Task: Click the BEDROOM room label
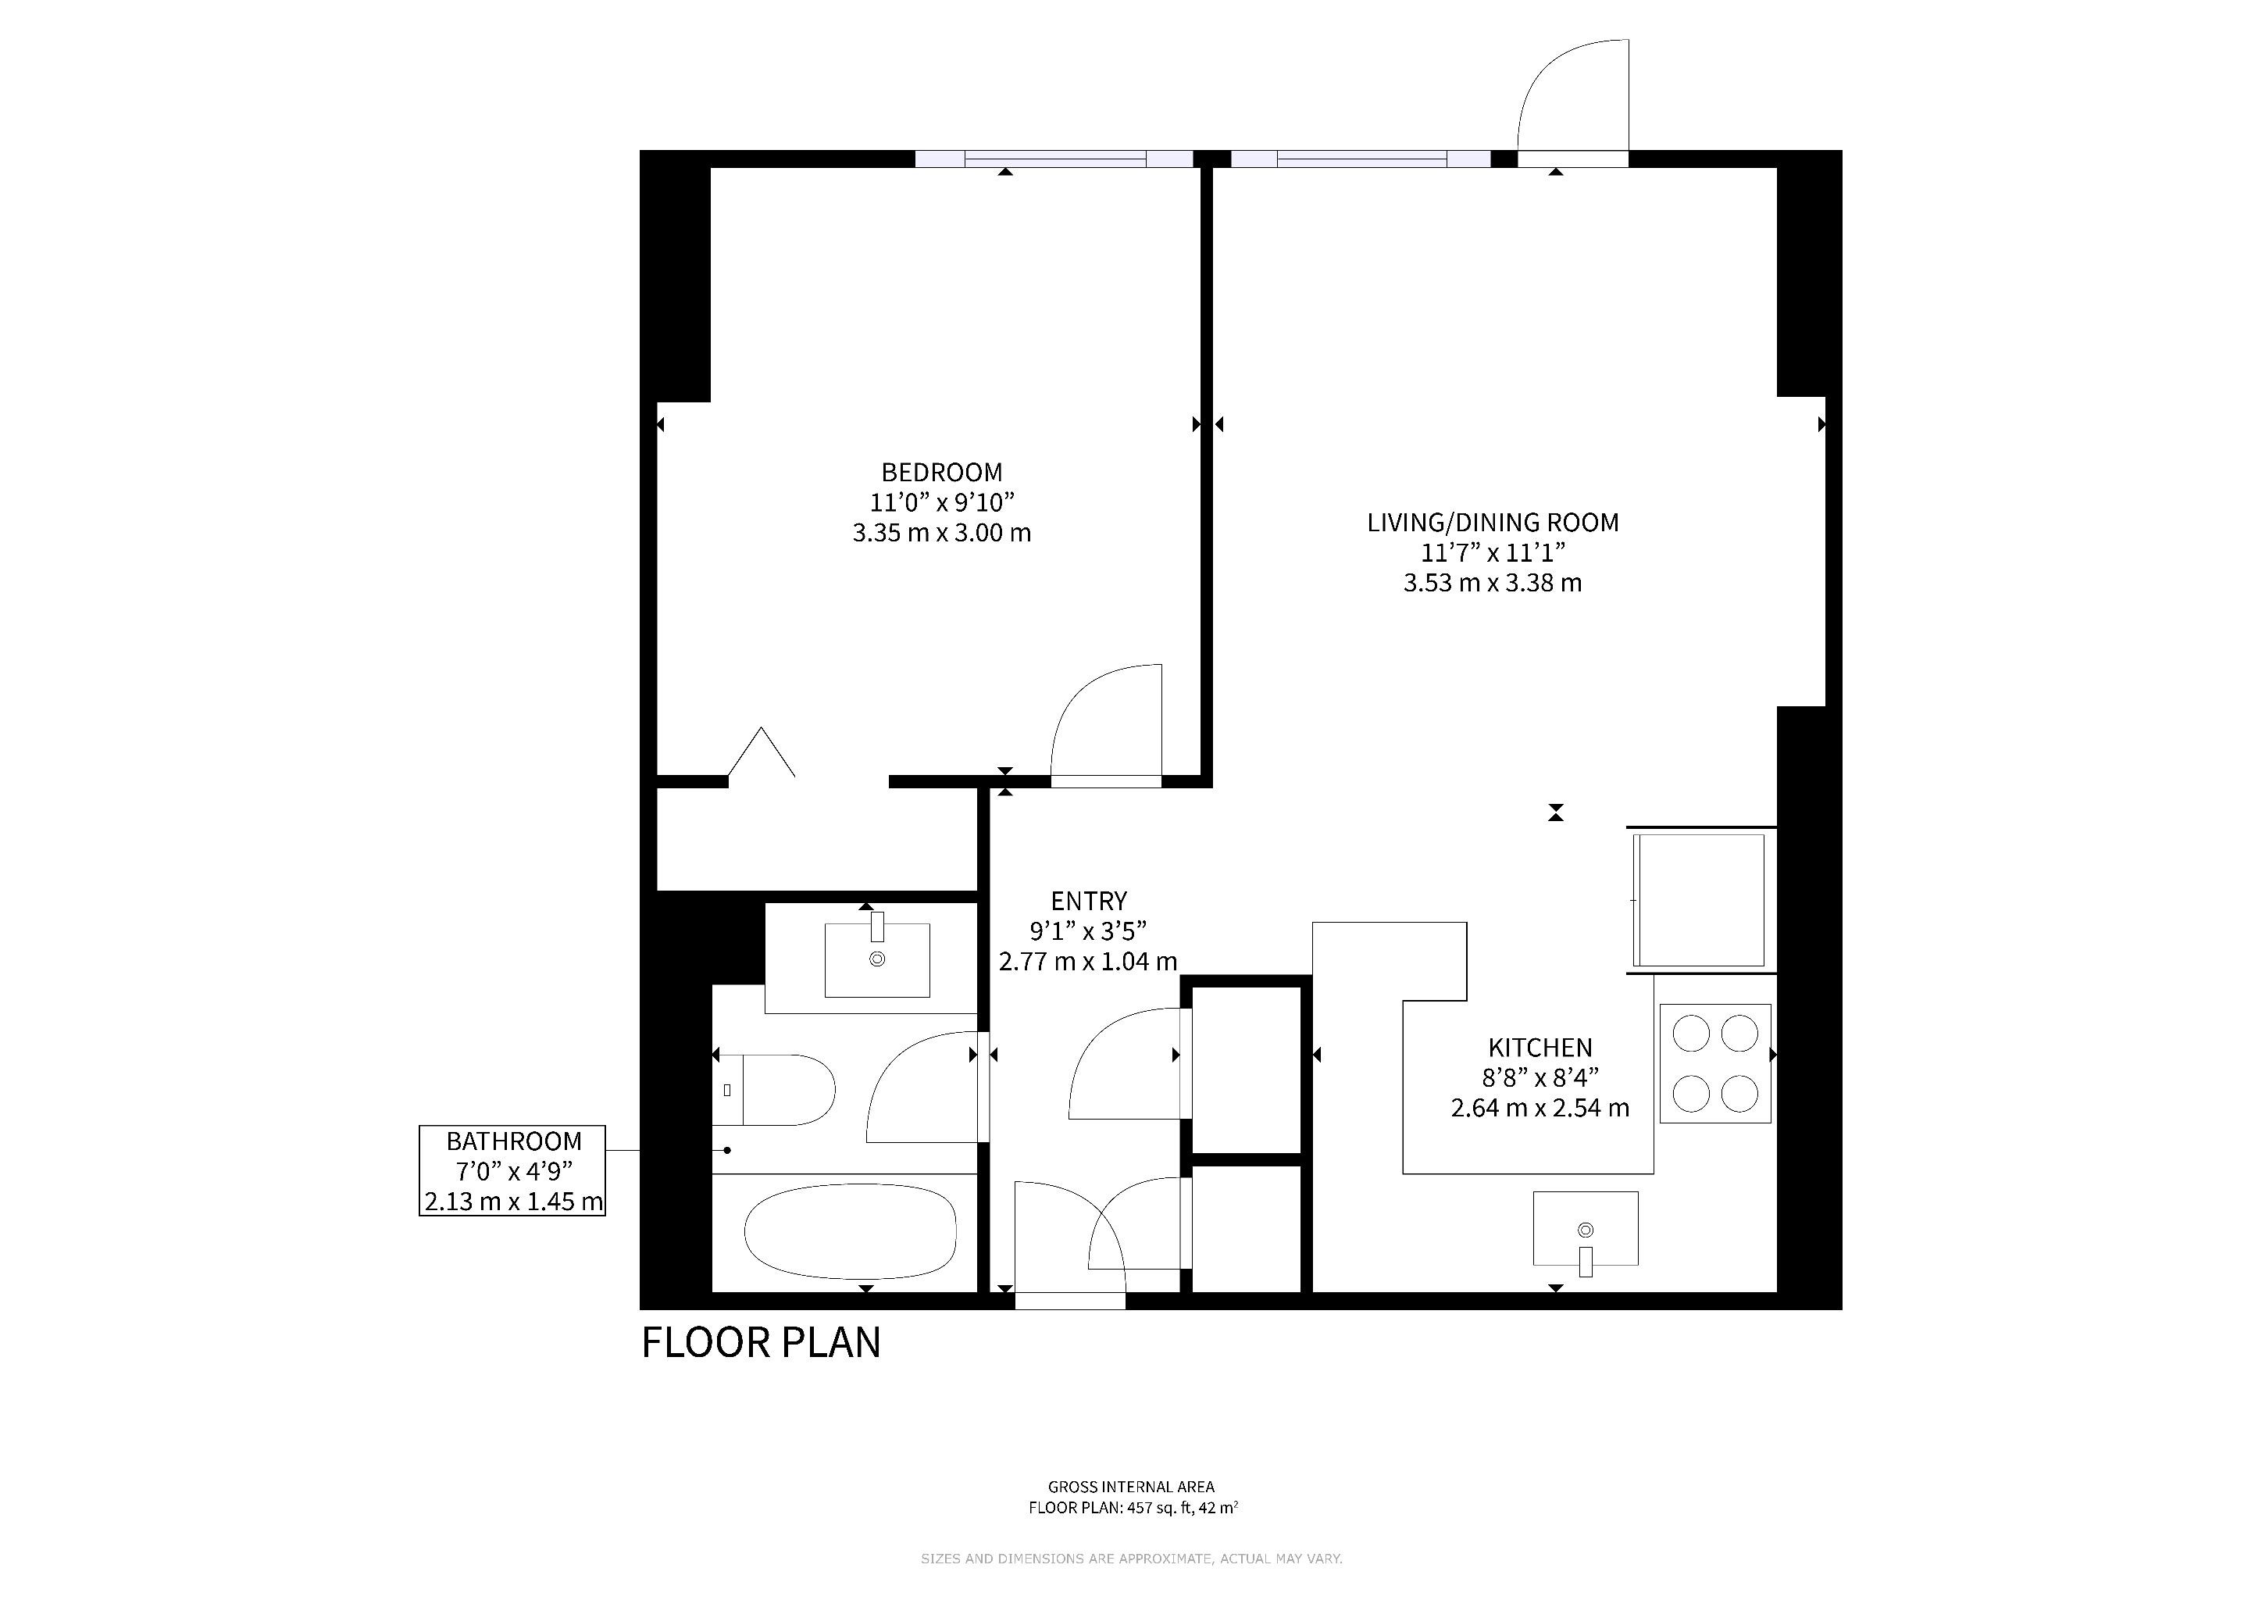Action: tap(942, 473)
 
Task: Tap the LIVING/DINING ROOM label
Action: tap(1493, 523)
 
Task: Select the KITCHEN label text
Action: tap(1540, 1048)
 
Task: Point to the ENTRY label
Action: tap(1089, 902)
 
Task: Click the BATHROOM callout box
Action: tap(512, 1170)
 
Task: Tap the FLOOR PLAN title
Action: tap(762, 1343)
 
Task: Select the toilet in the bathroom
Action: tap(773, 1090)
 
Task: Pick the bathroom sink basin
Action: tap(877, 959)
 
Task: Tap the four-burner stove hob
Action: tap(1715, 1063)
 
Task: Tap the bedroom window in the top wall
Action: tap(1054, 159)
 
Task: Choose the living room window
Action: tap(1361, 159)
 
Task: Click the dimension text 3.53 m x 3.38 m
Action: tap(1493, 584)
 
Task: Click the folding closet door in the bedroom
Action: tap(762, 751)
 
